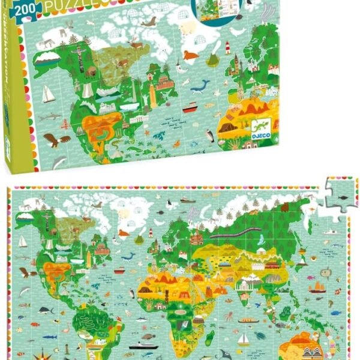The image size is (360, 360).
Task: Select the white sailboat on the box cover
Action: click(x=49, y=94)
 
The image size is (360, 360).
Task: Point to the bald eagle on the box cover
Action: click(x=54, y=140)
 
